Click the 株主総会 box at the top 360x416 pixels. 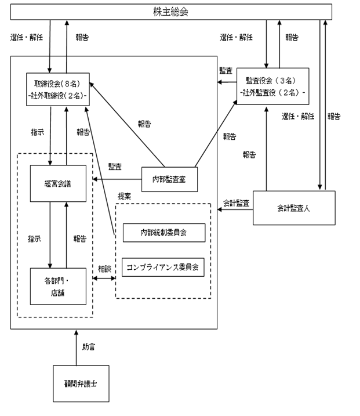click(x=171, y=12)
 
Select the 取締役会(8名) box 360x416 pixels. click(x=58, y=89)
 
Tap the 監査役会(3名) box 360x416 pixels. click(x=273, y=86)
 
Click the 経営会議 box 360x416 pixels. click(x=58, y=183)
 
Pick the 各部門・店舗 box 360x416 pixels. click(x=58, y=286)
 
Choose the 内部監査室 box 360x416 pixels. click(x=169, y=179)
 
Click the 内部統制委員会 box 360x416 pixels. click(x=164, y=233)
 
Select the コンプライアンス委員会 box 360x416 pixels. click(x=163, y=267)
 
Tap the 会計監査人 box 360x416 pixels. click(x=294, y=208)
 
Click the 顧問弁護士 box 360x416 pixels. click(x=81, y=384)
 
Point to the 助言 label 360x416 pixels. click(x=88, y=347)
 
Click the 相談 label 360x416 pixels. click(x=105, y=269)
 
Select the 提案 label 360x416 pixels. click(x=124, y=196)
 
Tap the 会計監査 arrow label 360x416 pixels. click(x=236, y=203)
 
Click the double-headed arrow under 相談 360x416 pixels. click(x=104, y=278)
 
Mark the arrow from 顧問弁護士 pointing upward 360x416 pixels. click(x=76, y=348)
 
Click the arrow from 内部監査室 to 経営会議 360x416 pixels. click(x=117, y=179)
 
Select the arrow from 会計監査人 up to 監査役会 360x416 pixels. click(x=267, y=149)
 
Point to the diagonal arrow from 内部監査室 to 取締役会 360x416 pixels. click(x=127, y=125)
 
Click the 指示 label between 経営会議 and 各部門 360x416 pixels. click(x=34, y=239)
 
